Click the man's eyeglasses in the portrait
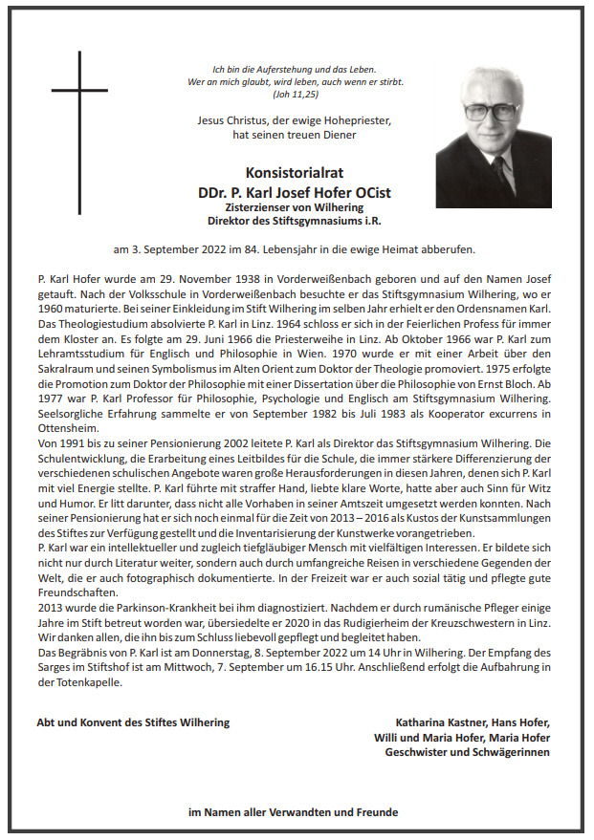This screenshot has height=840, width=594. pos(491,110)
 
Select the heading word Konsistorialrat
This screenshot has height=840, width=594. pos(294,173)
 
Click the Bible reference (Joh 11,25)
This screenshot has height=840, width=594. pos(295,96)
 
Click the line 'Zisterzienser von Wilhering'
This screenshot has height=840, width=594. pos(294,207)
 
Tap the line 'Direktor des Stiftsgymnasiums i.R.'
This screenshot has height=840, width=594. pos(294,222)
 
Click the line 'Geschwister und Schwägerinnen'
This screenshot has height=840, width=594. pos(467,752)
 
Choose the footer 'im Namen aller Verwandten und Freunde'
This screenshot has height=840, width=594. pos(294,813)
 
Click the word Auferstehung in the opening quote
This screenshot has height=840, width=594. pos(282,69)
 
